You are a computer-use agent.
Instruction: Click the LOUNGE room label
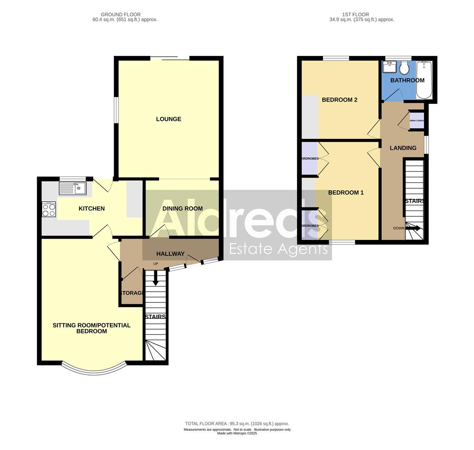169,119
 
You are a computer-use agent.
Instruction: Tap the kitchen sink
73,188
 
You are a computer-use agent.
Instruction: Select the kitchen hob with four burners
49,209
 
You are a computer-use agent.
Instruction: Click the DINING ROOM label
182,208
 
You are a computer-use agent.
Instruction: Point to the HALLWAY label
170,253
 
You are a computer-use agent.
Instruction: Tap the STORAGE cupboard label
132,293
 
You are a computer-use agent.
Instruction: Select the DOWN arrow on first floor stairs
413,228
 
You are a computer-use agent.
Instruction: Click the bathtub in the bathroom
424,80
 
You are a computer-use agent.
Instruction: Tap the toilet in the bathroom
404,68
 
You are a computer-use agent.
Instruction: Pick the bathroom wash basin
390,67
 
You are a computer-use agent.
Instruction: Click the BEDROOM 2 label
340,100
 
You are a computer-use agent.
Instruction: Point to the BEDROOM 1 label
346,192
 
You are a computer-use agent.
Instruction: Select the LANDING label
403,148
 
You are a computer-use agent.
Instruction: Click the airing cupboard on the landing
417,121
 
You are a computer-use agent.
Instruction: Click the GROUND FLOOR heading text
121,15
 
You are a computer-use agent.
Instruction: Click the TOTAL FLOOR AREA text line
237,423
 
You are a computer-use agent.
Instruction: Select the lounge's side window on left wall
117,110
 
